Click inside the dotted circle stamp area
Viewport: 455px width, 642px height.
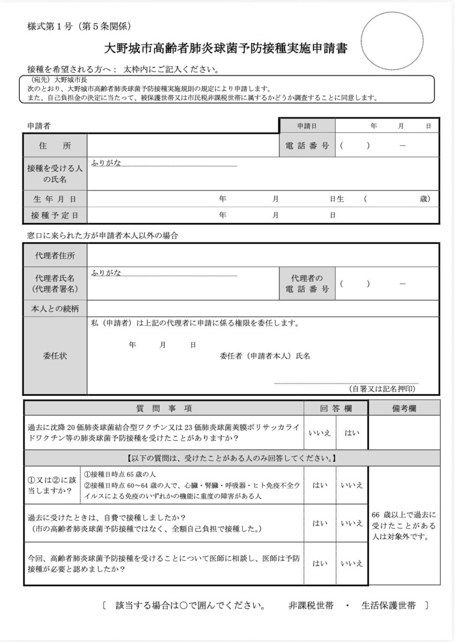coord(395,39)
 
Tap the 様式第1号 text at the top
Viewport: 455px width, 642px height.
coord(49,26)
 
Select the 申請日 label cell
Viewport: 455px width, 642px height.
coord(307,126)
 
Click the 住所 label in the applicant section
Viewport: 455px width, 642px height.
coord(55,146)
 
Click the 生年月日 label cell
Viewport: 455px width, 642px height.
coord(55,199)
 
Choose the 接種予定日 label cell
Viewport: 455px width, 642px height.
coord(55,215)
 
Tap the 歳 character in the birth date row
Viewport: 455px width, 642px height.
coord(424,199)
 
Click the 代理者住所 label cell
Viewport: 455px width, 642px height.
coord(55,256)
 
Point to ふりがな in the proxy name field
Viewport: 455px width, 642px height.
coord(107,273)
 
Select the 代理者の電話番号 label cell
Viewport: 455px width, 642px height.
coord(307,284)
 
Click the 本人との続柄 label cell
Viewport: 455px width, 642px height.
coord(55,309)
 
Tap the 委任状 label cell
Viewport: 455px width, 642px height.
coord(55,355)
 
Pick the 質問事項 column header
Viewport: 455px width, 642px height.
coord(164,408)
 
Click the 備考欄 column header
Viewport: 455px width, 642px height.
coord(404,408)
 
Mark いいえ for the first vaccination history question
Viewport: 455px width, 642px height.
coord(320,433)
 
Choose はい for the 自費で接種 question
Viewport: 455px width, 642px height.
coord(320,523)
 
